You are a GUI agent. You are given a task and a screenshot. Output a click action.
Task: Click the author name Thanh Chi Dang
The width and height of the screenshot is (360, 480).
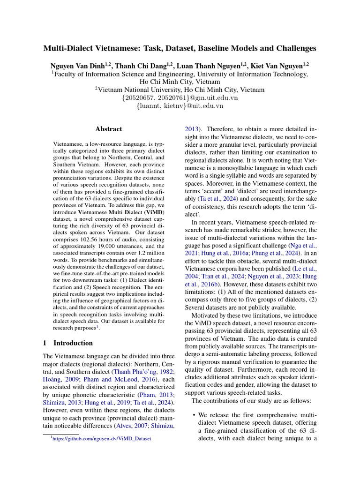141,65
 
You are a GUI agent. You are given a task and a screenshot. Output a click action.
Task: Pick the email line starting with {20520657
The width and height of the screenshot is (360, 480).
180,97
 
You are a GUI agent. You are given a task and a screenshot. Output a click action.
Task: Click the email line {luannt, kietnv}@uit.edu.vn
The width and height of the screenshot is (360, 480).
180,106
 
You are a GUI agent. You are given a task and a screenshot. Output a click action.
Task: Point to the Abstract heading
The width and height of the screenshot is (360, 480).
109,129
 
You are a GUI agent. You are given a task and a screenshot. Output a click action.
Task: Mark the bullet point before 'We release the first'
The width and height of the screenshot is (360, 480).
194,416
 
